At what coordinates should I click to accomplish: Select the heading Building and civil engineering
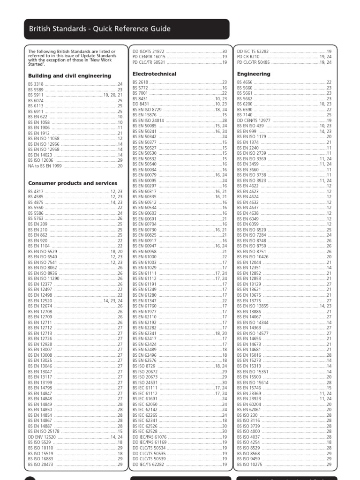[x=69, y=75]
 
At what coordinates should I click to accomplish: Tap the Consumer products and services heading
[x=73, y=183]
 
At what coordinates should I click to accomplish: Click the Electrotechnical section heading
[x=154, y=74]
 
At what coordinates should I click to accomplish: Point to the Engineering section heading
[x=254, y=74]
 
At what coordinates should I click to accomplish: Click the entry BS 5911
[x=36, y=95]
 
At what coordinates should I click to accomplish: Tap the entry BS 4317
[x=36, y=191]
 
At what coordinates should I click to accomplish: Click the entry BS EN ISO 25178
[x=44, y=431]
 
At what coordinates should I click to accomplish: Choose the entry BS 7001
[x=140, y=93]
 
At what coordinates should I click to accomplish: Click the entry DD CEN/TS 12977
[x=253, y=120]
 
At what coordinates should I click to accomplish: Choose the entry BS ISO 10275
[x=249, y=464]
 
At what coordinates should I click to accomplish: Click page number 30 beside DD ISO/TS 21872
[x=224, y=51]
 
